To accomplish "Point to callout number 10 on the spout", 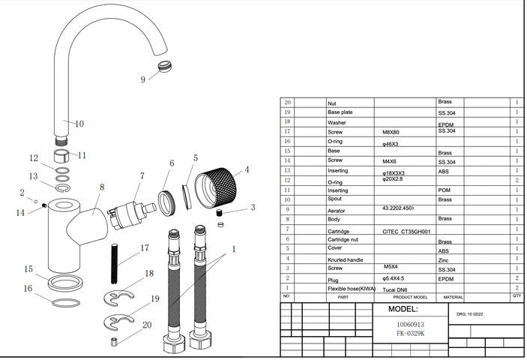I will (79, 124).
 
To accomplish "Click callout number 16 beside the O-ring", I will (28, 288).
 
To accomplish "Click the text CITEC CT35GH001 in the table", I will (407, 232).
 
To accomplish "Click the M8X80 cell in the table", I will (392, 130).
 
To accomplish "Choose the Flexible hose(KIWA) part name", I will (350, 288).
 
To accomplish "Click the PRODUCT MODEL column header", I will (405, 297).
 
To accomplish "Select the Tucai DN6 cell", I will (397, 288).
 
